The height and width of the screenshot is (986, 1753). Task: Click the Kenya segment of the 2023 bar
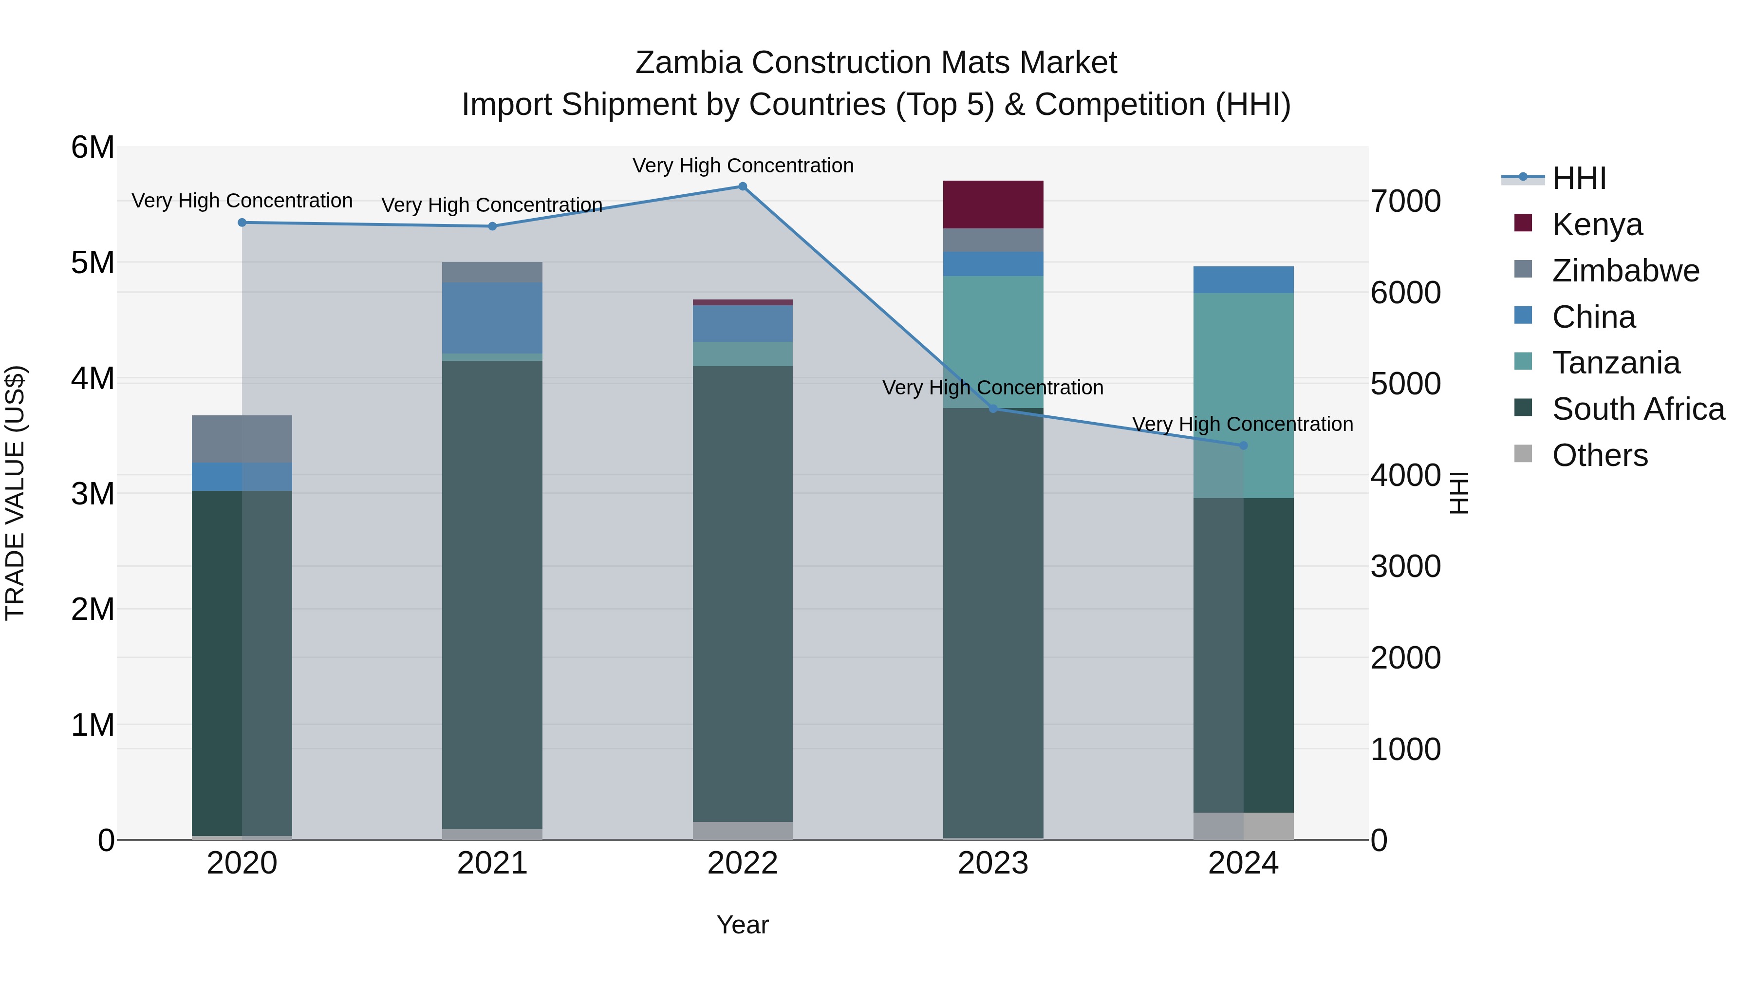993,204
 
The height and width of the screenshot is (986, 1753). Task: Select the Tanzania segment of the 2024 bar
1243,395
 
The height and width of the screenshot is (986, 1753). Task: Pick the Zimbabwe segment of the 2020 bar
242,439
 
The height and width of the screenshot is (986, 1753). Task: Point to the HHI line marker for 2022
743,186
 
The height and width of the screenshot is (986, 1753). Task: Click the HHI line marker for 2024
1243,446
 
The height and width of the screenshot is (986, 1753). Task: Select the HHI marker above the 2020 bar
242,223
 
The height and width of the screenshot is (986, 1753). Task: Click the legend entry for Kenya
1597,224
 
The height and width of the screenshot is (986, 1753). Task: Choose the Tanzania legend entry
1616,363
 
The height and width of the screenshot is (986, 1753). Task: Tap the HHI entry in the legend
1579,178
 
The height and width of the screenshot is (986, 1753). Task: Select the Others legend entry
1599,455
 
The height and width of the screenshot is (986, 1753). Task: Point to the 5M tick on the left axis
93,262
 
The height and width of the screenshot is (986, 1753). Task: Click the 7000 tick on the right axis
1405,202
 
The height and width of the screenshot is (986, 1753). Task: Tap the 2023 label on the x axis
993,863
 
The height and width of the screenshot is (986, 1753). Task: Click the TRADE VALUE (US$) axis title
15,493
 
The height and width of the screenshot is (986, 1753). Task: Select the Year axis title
743,925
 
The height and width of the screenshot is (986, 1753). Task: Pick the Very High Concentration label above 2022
743,166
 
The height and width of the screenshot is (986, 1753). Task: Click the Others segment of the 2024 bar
1243,826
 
